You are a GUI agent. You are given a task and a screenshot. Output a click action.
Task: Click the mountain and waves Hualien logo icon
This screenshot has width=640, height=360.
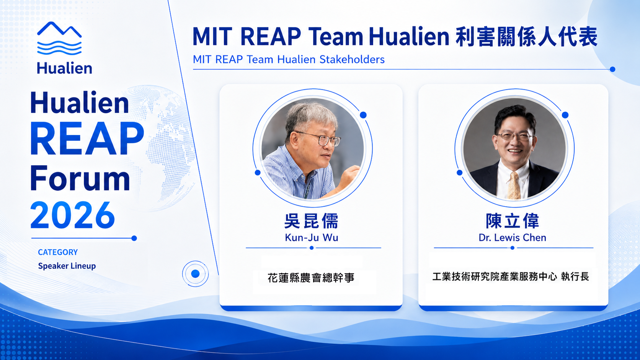pyautogui.click(x=59, y=38)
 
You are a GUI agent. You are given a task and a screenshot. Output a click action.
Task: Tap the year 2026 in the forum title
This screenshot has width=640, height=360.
pyautogui.click(x=73, y=215)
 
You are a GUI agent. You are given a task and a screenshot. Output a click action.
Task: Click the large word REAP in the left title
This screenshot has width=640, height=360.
pyautogui.click(x=87, y=139)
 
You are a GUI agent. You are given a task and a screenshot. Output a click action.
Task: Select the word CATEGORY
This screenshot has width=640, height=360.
pyautogui.click(x=58, y=252)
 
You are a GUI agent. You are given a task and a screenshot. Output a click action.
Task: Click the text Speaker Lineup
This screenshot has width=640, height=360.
pyautogui.click(x=67, y=266)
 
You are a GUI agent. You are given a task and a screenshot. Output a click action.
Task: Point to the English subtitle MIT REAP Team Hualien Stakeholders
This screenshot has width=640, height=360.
pyautogui.click(x=289, y=59)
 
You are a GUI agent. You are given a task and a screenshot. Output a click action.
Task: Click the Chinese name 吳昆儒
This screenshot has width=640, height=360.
pyautogui.click(x=311, y=221)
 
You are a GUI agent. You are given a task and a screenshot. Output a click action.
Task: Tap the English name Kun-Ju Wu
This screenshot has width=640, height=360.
pyautogui.click(x=312, y=238)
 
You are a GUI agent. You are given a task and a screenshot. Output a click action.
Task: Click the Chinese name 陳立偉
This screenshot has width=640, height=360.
pyautogui.click(x=512, y=221)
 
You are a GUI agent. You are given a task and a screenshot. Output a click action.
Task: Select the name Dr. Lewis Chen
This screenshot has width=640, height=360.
pyautogui.click(x=512, y=238)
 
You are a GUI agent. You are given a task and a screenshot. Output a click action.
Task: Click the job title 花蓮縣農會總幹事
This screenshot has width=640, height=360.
pyautogui.click(x=311, y=277)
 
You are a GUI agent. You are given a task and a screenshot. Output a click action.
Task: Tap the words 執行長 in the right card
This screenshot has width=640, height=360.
pyautogui.click(x=575, y=276)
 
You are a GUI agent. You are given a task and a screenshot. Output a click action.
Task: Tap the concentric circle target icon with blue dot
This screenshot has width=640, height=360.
pyautogui.click(x=196, y=274)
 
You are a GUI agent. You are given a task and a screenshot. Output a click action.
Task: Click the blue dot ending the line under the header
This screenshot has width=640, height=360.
pyautogui.click(x=612, y=69)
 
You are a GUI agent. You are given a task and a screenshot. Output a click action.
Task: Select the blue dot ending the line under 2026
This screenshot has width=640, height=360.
pyautogui.click(x=134, y=238)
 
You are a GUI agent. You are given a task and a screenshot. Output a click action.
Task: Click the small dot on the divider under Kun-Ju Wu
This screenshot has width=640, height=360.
pyautogui.click(x=312, y=248)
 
